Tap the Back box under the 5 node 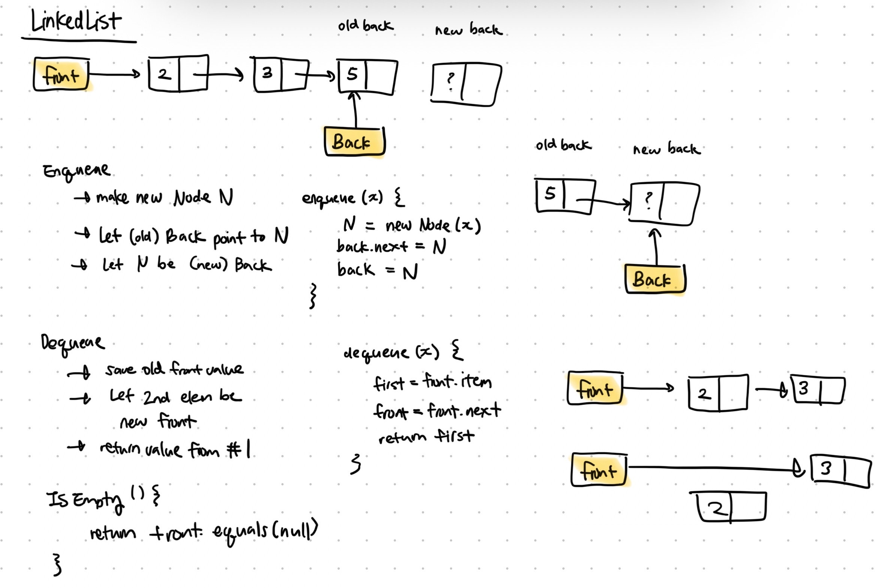tap(354, 142)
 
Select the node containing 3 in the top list tap(281, 75)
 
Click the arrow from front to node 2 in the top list tap(114, 74)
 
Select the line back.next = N tap(391, 247)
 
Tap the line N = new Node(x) tap(412, 225)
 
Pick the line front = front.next tap(437, 410)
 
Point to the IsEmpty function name tap(85, 500)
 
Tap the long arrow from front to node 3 tap(713, 469)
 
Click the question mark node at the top tap(466, 85)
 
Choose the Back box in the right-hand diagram tap(654, 279)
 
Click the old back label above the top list tap(365, 25)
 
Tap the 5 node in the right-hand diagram tap(565, 196)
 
